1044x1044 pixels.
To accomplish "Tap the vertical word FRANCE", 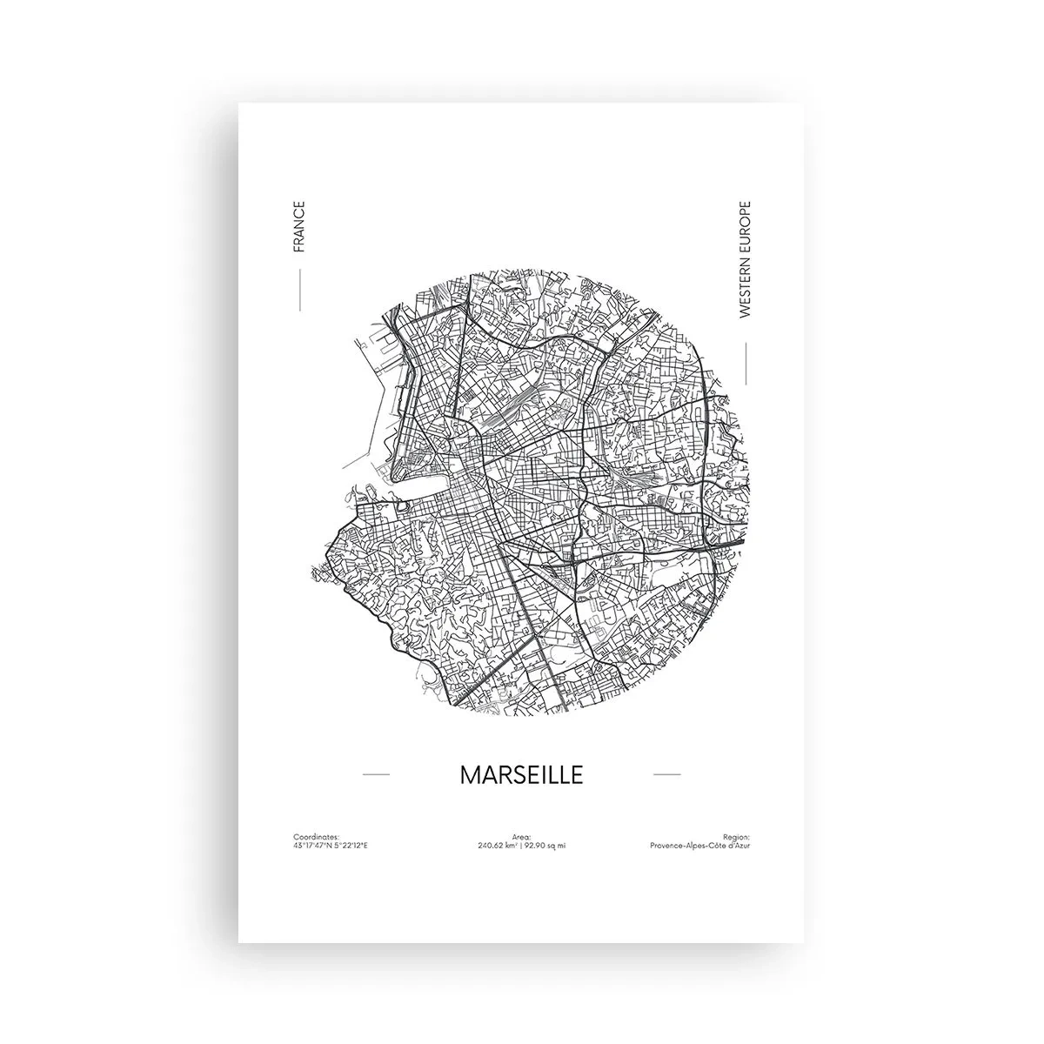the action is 299,226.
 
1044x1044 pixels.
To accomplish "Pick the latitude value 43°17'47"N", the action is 313,845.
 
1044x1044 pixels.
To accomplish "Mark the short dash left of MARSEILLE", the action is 375,773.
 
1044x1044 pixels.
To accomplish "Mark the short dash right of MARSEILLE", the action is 666,773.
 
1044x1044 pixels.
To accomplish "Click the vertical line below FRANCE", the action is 299,290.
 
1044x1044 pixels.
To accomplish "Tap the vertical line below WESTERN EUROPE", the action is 746,363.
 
